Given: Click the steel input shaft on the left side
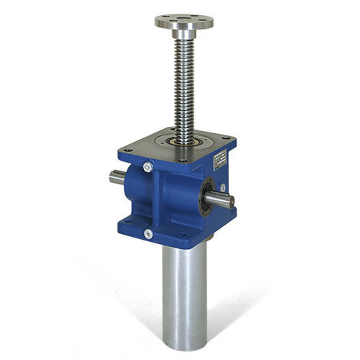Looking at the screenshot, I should point(117,176).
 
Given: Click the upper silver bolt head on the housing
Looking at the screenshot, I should point(148,167).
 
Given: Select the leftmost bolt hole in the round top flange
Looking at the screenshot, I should point(163,19).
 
